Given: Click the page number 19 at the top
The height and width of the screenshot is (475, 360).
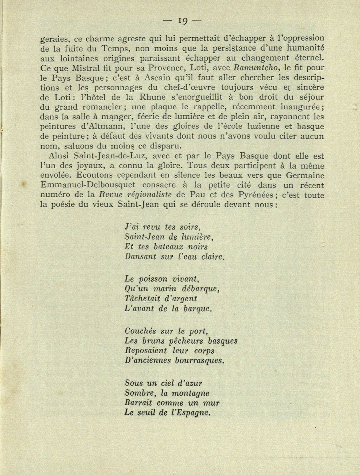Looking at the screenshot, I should pyautogui.click(x=182, y=21).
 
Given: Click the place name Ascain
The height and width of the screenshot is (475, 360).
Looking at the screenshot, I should pyautogui.click(x=161, y=78).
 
